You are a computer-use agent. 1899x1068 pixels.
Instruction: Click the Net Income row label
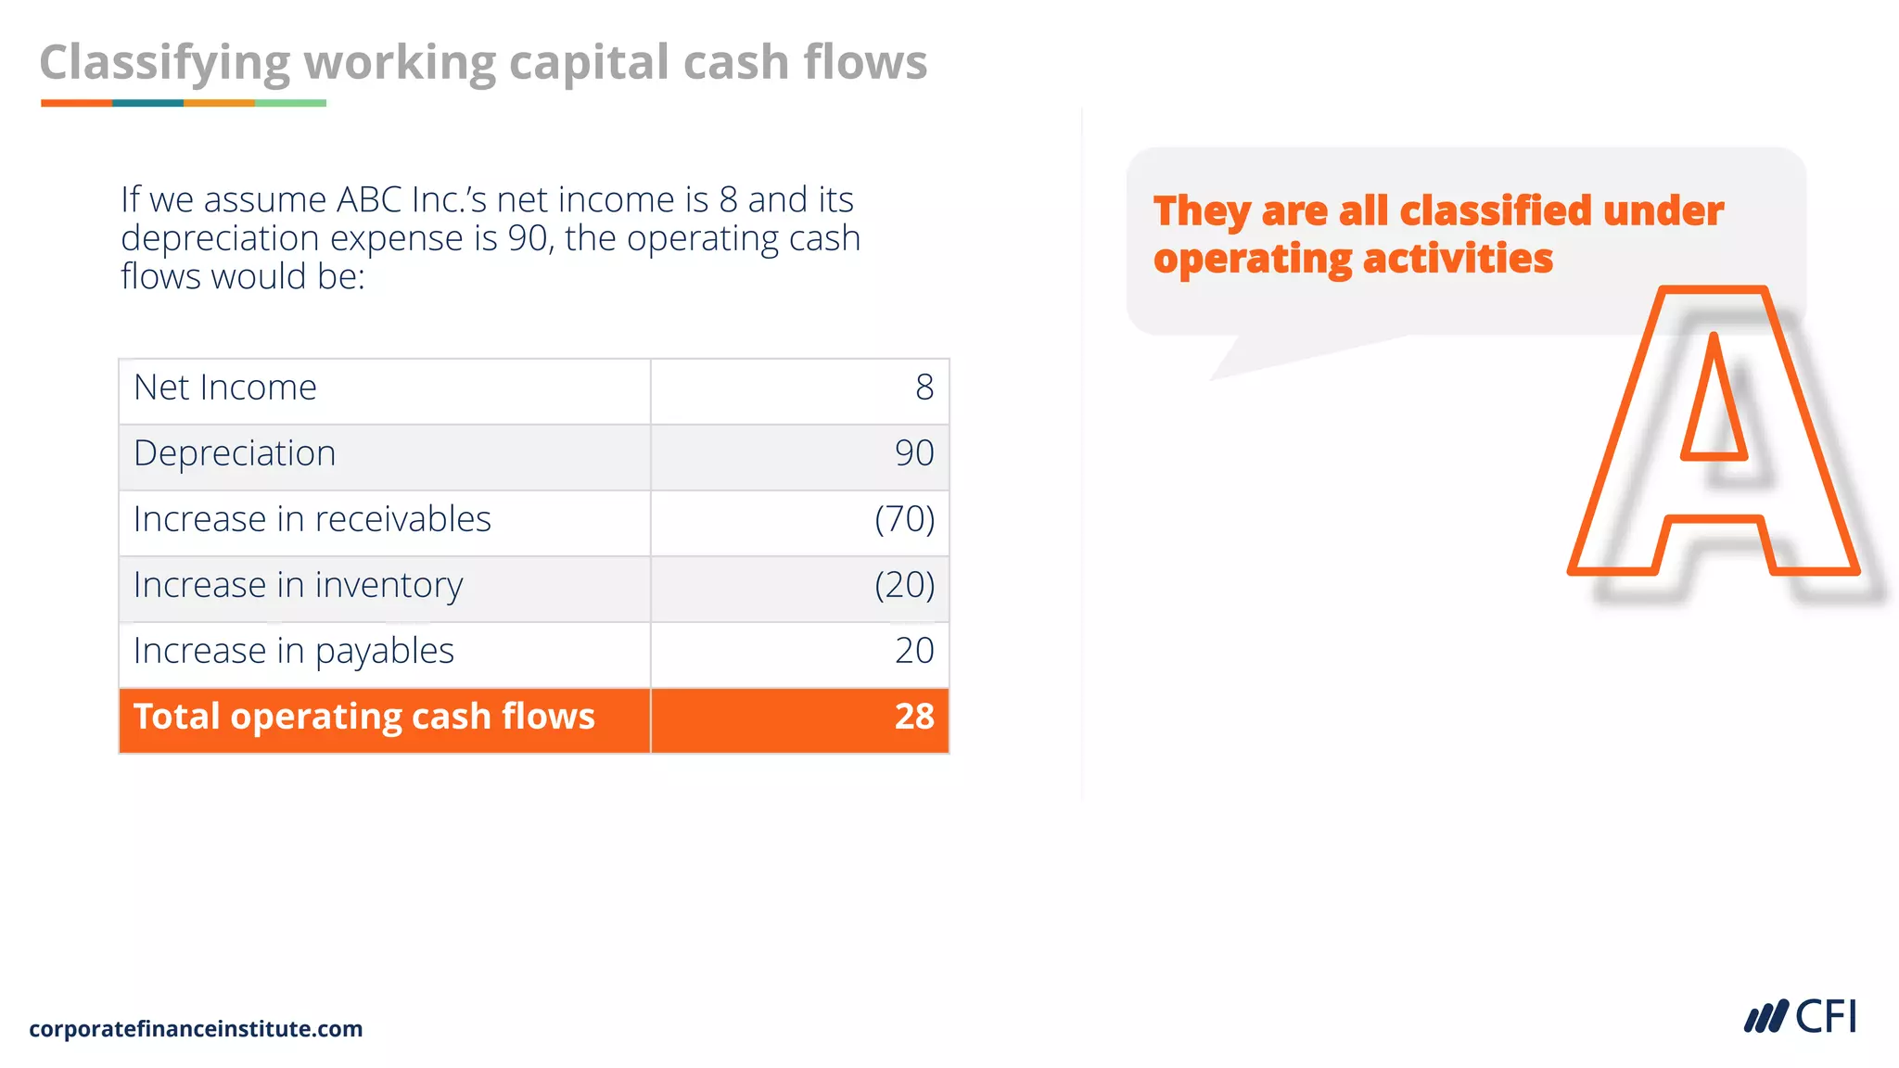click(225, 388)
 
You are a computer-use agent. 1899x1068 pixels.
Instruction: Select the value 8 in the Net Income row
click(924, 388)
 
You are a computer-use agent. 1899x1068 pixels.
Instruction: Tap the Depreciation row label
click(235, 453)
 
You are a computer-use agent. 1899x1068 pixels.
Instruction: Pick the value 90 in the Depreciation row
click(914, 453)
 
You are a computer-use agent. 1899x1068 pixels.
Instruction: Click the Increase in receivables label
click(312, 519)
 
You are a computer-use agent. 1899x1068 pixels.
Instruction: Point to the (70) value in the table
click(905, 519)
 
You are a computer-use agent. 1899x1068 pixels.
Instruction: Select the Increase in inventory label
click(298, 585)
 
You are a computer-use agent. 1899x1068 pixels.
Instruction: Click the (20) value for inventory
click(905, 585)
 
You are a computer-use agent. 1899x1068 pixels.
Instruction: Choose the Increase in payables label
click(293, 651)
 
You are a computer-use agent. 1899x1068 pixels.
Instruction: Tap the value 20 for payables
click(914, 651)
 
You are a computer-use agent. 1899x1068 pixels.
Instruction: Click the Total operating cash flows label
click(363, 717)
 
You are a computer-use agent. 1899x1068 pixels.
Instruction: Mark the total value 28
click(914, 717)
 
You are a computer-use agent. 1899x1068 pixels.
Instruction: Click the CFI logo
click(1801, 1017)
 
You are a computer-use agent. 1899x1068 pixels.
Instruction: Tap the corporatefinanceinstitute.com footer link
click(196, 1029)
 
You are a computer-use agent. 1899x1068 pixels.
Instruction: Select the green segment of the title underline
click(290, 103)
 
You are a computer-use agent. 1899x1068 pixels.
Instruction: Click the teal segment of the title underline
click(147, 103)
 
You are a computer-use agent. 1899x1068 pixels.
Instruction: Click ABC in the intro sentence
click(369, 200)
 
